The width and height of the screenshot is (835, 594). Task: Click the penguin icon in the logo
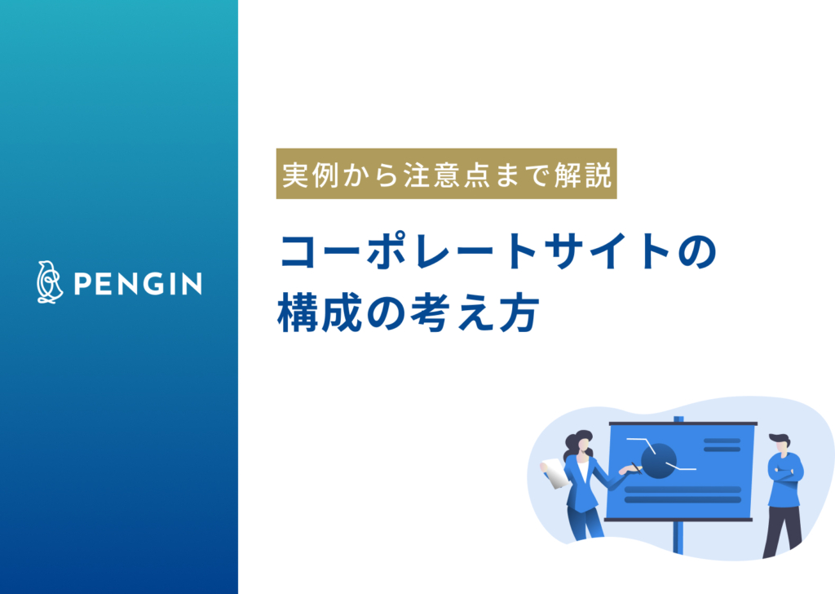[50, 282]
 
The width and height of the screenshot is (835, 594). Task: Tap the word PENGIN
[138, 283]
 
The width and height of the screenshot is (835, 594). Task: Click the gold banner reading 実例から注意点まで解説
[446, 174]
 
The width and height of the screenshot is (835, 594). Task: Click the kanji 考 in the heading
[429, 313]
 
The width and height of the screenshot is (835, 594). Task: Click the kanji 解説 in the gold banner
[582, 175]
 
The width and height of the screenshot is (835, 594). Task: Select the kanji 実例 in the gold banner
[310, 175]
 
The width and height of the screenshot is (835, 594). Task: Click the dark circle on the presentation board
[659, 460]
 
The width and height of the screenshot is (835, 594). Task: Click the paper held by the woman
[554, 473]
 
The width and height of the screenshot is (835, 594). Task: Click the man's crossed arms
[785, 473]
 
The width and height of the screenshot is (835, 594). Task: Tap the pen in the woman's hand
[635, 468]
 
